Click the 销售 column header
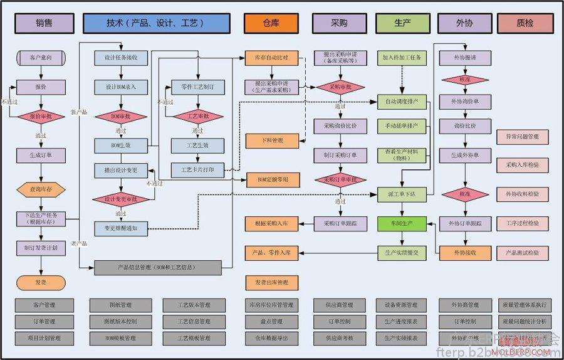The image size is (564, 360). [x=44, y=23]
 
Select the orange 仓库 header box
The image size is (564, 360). [x=271, y=23]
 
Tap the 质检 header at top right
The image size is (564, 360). [x=525, y=23]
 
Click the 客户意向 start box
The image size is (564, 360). [x=41, y=58]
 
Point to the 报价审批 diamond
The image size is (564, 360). [x=41, y=116]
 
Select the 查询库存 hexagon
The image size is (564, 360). [x=41, y=188]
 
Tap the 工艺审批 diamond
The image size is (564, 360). [x=197, y=116]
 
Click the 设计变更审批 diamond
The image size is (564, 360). [x=120, y=199]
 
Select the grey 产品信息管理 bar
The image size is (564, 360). [x=159, y=268]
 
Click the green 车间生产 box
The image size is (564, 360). [x=402, y=223]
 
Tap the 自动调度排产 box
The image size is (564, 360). [x=402, y=101]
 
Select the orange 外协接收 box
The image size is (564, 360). [x=465, y=253]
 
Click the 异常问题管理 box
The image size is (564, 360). [x=522, y=136]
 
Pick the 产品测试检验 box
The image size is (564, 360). [x=522, y=253]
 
